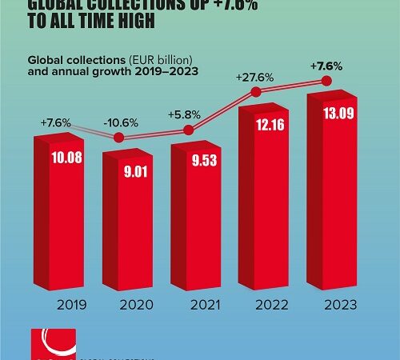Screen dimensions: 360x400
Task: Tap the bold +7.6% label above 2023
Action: point(323,64)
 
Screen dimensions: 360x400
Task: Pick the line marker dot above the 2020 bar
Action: point(120,138)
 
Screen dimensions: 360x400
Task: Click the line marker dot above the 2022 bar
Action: point(257,92)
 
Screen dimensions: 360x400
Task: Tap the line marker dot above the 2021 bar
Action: point(189,130)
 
